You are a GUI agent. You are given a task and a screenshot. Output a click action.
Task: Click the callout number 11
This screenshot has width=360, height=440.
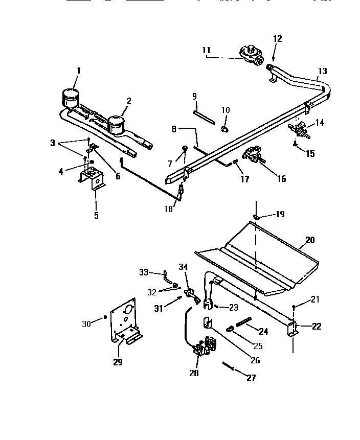tap(206, 50)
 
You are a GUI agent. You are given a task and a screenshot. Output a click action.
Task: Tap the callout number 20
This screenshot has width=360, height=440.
tap(310, 239)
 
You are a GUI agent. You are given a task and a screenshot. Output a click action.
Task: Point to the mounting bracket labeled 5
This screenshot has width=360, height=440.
tap(93, 179)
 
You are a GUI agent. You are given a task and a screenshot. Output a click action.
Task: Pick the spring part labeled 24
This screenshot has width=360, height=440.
tap(244, 323)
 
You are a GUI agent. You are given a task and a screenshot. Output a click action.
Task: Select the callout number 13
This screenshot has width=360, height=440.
tap(322, 71)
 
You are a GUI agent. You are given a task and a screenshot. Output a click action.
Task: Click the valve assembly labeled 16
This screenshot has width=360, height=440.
tap(253, 155)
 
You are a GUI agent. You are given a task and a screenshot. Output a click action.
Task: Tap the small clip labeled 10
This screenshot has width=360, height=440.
tap(225, 128)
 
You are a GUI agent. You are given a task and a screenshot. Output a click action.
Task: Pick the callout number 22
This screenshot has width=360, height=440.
tap(317, 326)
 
